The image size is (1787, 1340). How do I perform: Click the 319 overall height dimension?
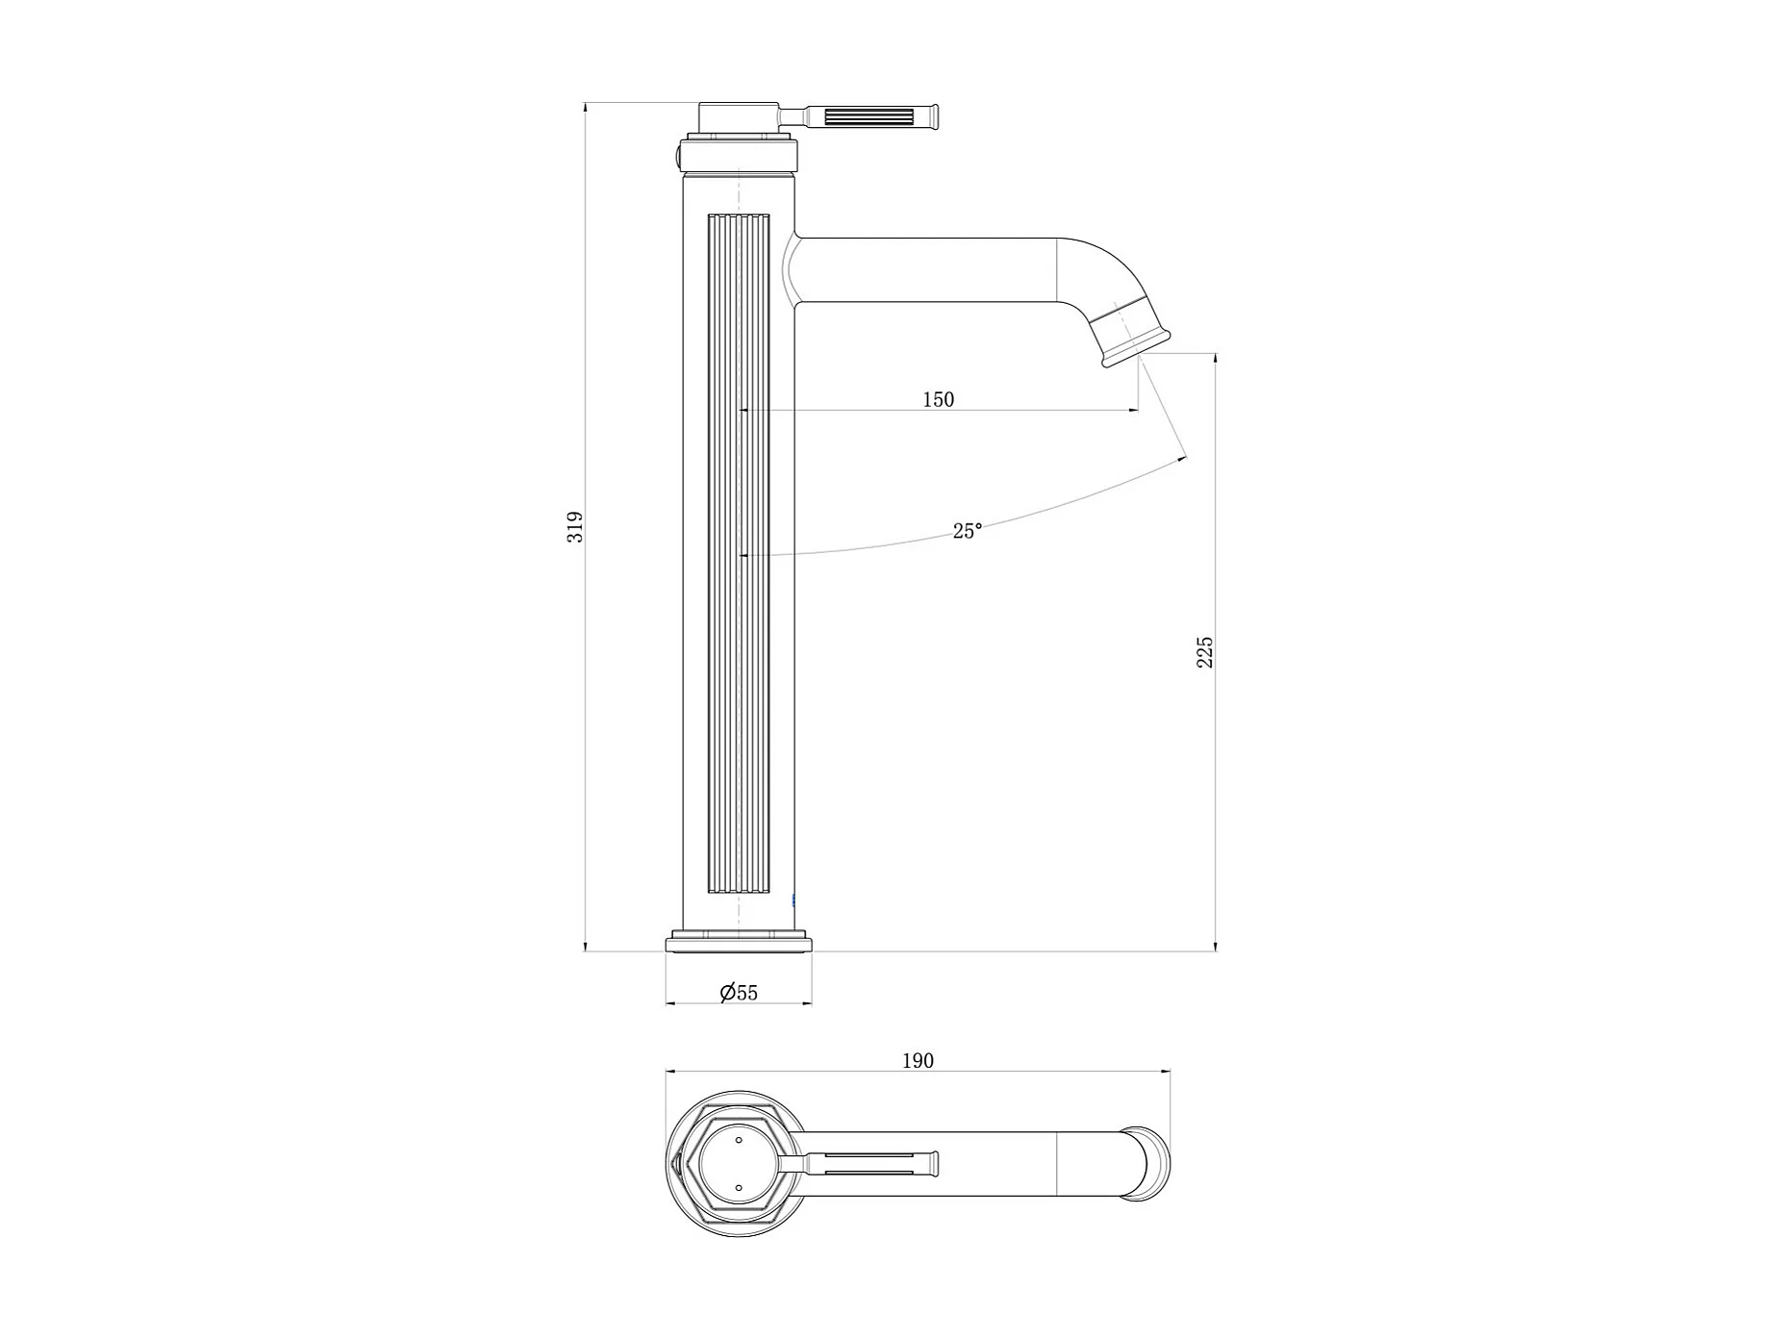575,527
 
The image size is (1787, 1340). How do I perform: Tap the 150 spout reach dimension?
939,399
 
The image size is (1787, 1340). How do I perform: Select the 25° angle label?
968,530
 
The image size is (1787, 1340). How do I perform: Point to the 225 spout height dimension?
1205,652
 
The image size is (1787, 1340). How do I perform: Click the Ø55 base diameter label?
739,993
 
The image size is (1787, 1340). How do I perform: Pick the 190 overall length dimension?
918,1060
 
